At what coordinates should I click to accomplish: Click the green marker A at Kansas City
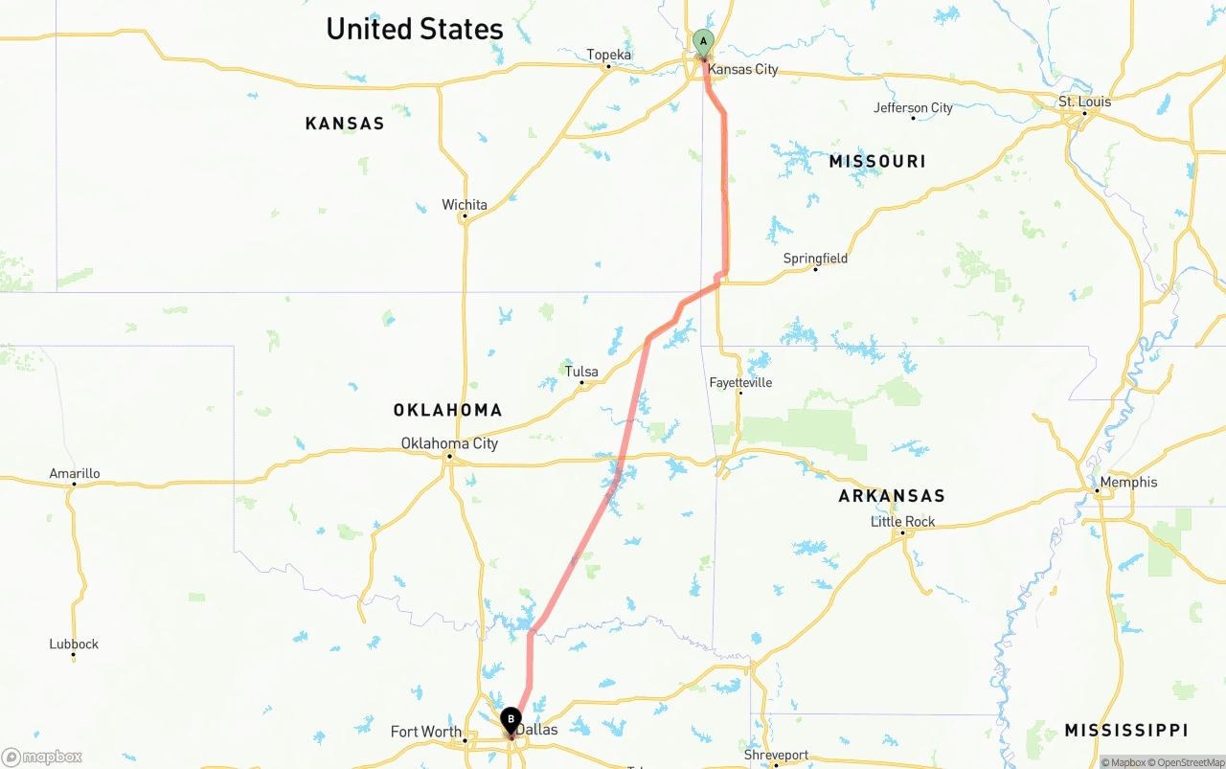coord(703,42)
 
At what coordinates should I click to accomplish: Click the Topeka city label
coord(609,55)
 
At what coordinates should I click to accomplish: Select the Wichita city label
coord(465,205)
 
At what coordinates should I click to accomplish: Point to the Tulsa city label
coord(581,372)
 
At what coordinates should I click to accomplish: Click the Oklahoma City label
coord(449,443)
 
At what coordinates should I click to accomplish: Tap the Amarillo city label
coord(75,473)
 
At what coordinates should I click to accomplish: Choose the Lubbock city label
coord(74,644)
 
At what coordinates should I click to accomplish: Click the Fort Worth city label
coord(426,732)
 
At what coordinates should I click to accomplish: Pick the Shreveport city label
coord(777,755)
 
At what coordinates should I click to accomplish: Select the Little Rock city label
coord(903,522)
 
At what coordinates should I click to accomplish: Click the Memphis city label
coord(1128,482)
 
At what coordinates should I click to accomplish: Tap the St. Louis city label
coord(1085,102)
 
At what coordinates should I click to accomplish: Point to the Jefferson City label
coord(914,107)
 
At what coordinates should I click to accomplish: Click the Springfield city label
coord(815,259)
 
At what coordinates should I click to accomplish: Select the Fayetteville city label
coord(740,382)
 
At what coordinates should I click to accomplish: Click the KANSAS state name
coord(345,124)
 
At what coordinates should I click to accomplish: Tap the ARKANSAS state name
coord(892,495)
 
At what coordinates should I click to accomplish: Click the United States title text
coord(415,29)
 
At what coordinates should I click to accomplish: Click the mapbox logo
coord(42,757)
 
